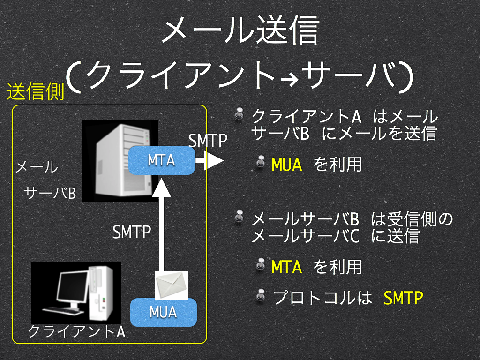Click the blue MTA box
(162, 160)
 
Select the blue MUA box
(164, 312)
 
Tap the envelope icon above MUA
(171, 285)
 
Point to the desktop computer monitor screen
(72, 287)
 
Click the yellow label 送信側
(36, 91)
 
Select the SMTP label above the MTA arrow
(208, 141)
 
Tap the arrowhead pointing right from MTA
(214, 160)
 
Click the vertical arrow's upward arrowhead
(161, 188)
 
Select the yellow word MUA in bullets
(287, 165)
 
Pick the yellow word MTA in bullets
(287, 267)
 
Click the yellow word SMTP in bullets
(403, 298)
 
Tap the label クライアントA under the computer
(76, 331)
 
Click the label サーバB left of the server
(50, 193)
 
